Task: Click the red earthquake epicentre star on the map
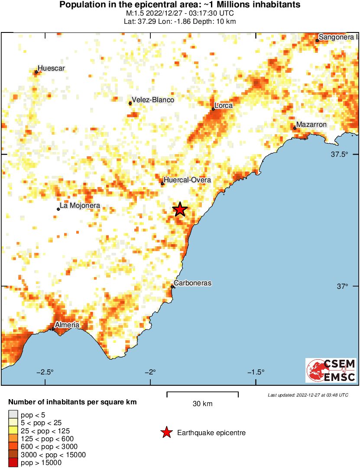[x=180, y=210]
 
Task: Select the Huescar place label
[x=51, y=68]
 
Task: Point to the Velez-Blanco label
[x=153, y=100]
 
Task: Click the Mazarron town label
[x=311, y=125]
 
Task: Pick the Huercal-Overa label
[x=188, y=180]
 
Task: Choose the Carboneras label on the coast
[x=192, y=283]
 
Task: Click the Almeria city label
[x=67, y=325]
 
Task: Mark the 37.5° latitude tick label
[x=340, y=155]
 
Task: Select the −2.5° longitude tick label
[x=45, y=372]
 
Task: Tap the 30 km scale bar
[x=203, y=393]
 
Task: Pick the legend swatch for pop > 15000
[x=13, y=462]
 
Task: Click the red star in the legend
[x=166, y=432]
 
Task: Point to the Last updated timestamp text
[x=308, y=395]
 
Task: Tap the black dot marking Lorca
[x=213, y=109]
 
